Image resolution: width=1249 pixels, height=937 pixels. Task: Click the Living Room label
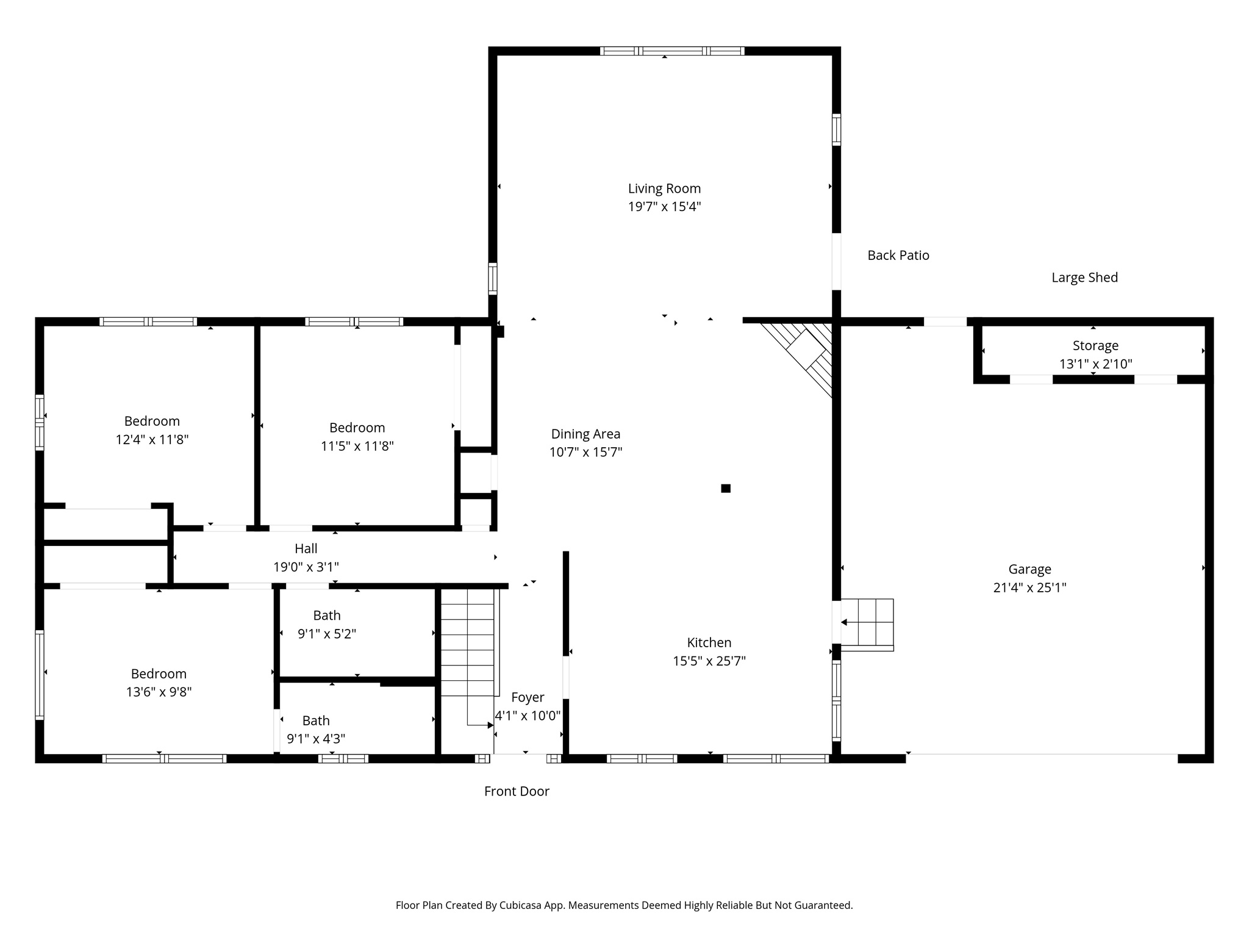coord(664,188)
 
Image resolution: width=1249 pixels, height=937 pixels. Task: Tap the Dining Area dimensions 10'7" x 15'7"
coord(585,452)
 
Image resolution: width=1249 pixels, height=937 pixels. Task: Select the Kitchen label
coord(709,642)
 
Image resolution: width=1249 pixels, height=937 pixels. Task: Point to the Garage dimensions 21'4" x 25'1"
coord(1029,587)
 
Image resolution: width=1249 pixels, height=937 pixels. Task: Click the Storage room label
coord(1095,346)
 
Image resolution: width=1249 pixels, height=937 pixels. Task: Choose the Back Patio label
coord(898,256)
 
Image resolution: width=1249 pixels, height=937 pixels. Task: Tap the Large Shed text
coord(1084,278)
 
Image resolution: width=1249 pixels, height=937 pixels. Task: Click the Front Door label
coord(517,791)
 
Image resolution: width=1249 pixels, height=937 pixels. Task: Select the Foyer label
coord(528,697)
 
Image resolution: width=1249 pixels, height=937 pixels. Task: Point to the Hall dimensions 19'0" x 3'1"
coord(306,567)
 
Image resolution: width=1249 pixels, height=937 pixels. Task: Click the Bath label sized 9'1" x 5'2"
coord(327,616)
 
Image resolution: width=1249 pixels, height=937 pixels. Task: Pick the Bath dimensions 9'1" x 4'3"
coord(316,739)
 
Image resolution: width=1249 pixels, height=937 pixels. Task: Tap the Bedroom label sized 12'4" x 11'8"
coord(152,421)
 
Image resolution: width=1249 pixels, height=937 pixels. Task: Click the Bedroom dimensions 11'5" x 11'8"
coord(357,446)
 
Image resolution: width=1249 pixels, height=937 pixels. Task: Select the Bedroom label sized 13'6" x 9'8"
coord(159,673)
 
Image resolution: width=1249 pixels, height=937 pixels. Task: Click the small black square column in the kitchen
coord(726,488)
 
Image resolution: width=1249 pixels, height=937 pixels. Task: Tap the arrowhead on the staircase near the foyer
coord(490,725)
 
